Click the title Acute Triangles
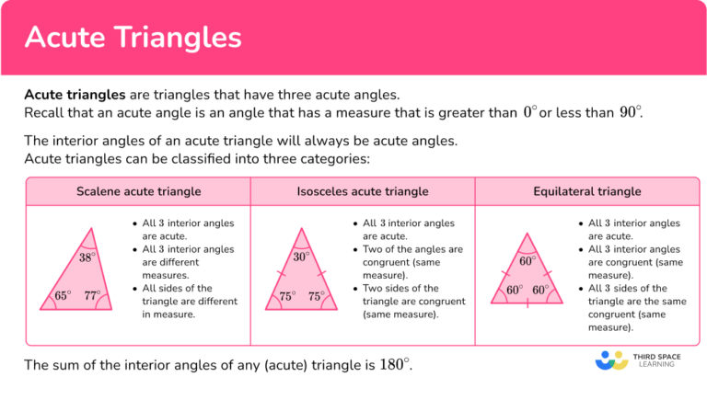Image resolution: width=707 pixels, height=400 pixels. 133,37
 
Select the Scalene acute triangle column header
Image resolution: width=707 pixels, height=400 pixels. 138,191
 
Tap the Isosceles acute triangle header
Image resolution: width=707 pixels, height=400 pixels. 363,191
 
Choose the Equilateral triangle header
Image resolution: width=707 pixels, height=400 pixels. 587,191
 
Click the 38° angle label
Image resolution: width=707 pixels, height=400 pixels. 87,258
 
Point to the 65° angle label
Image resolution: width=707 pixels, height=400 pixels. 62,296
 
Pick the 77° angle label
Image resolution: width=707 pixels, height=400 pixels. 92,296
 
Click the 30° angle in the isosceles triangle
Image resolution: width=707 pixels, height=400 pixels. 301,258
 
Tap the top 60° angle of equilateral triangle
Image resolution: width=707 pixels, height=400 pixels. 527,261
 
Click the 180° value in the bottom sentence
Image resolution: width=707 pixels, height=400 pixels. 394,364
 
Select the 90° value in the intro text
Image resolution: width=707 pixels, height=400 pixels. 630,112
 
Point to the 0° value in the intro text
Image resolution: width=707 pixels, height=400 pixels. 529,112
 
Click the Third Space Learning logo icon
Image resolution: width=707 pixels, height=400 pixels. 611,360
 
